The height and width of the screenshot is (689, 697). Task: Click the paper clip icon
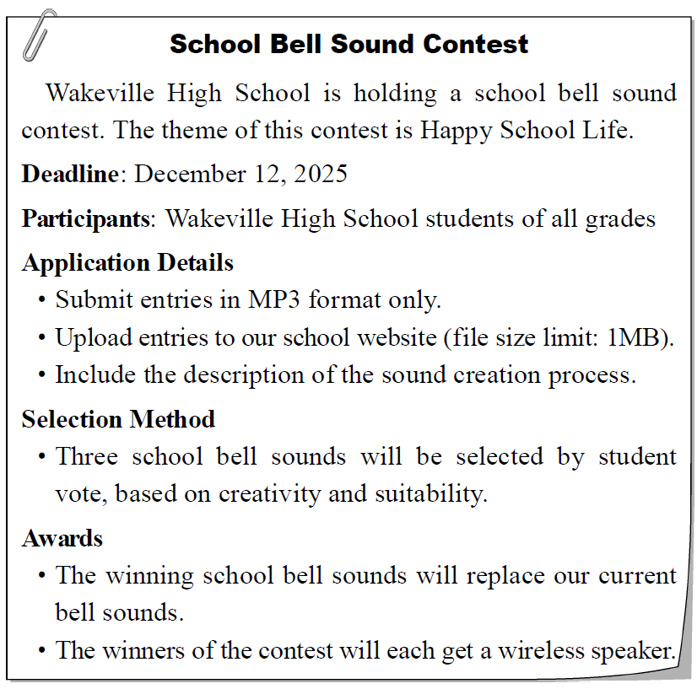pyautogui.click(x=39, y=35)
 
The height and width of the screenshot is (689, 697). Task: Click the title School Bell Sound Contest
pyautogui.click(x=348, y=44)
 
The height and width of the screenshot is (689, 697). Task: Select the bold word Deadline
pyautogui.click(x=70, y=175)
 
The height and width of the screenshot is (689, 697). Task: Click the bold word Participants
pyautogui.click(x=85, y=219)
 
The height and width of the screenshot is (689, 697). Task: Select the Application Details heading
pyautogui.click(x=127, y=262)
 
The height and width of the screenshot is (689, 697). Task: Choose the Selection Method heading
pyautogui.click(x=118, y=419)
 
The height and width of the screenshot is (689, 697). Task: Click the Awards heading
pyautogui.click(x=62, y=538)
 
